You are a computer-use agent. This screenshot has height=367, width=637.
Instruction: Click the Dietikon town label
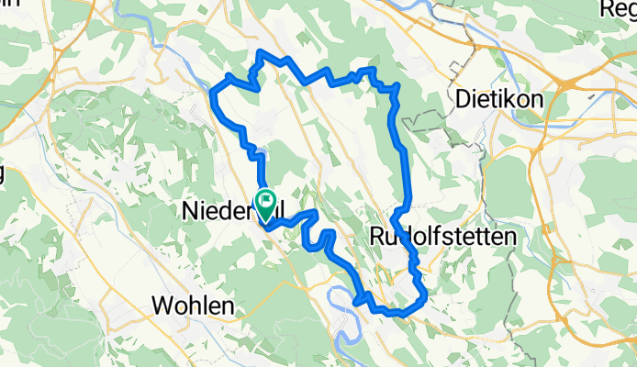point(499,98)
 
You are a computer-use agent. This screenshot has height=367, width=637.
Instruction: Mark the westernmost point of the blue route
point(212,93)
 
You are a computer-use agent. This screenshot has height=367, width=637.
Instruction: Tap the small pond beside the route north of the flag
point(261,152)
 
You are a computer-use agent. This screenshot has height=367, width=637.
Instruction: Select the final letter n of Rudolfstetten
point(509,237)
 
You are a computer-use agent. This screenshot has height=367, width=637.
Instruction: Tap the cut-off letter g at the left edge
point(3,174)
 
